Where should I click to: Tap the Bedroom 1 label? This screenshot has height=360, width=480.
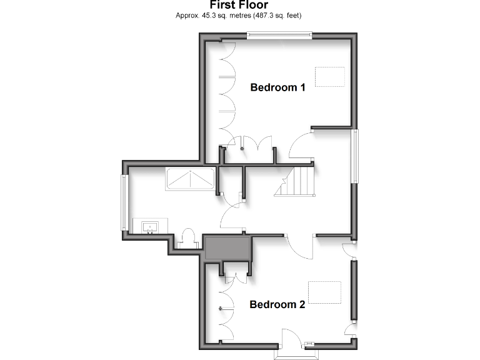tap(277, 87)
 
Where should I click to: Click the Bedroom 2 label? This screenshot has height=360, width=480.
tap(277, 305)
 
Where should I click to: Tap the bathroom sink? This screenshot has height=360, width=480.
tap(150, 226)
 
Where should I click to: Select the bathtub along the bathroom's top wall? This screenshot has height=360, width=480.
tap(189, 179)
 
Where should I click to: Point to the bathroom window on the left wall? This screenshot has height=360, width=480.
tap(124, 202)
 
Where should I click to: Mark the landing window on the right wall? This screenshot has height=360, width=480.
tap(354, 156)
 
